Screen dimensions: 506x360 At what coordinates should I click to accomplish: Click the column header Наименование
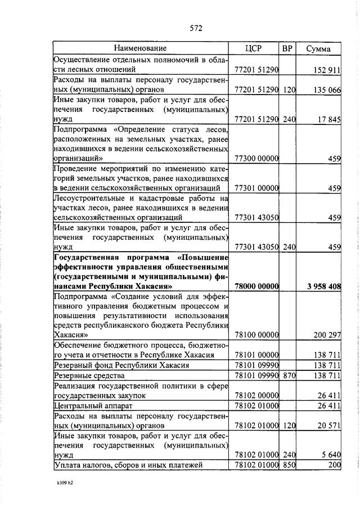click(141, 48)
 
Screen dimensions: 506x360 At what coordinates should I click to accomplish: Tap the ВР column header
click(287, 48)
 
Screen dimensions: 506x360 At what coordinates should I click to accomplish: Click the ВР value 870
click(289, 375)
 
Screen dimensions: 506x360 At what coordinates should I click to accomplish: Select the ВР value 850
click(289, 464)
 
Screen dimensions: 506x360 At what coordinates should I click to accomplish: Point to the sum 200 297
click(326, 335)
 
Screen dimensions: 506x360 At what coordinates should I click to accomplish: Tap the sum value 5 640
click(331, 454)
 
